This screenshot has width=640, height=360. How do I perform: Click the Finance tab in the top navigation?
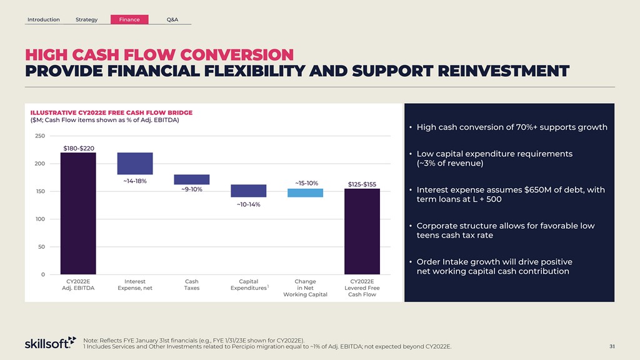click(129, 19)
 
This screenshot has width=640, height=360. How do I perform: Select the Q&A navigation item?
click(172, 19)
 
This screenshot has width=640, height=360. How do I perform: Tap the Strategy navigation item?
click(86, 19)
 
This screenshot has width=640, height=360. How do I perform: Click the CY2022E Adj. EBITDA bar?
click(78, 212)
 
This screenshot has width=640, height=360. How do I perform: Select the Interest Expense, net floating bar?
click(135, 164)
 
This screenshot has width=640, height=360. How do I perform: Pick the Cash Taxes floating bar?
click(192, 179)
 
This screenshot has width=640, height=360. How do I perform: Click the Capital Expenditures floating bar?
click(248, 191)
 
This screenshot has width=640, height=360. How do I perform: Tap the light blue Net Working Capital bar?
click(305, 192)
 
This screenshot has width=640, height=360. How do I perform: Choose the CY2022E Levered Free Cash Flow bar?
click(362, 231)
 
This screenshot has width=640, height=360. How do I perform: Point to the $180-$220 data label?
click(79, 148)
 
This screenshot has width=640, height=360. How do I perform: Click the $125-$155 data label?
click(362, 184)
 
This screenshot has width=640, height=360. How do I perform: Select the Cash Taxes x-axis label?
click(192, 285)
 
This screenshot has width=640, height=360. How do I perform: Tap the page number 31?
click(612, 346)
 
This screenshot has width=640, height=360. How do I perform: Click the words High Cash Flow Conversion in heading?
click(159, 54)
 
